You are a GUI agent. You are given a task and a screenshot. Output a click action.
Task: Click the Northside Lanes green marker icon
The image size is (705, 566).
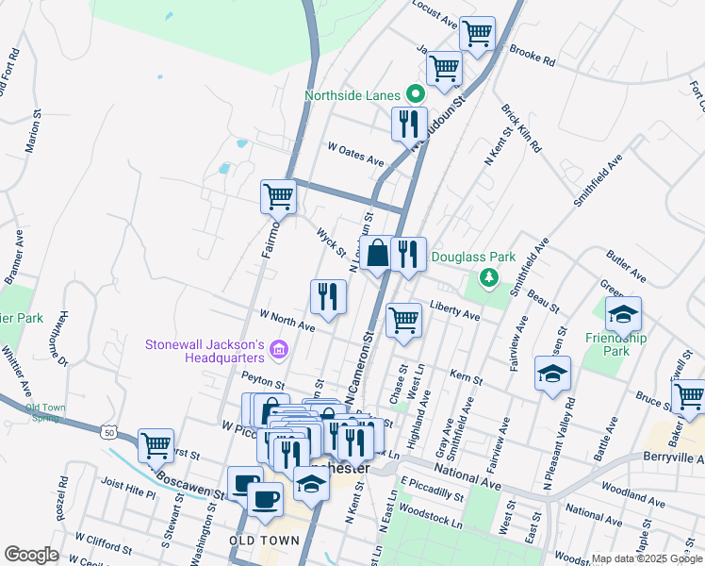(414, 94)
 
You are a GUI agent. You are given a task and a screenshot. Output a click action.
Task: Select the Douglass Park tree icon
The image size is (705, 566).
(487, 276)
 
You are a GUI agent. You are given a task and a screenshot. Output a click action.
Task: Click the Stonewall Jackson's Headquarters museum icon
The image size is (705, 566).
(278, 352)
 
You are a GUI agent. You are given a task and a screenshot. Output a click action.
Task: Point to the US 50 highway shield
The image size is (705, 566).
(110, 431)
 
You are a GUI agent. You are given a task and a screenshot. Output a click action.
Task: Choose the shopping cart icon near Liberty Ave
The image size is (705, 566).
(403, 319)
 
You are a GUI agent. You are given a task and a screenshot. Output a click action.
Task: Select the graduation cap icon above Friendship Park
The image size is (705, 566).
(623, 313)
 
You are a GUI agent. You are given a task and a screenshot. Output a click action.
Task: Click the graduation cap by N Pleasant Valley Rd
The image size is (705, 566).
(552, 373)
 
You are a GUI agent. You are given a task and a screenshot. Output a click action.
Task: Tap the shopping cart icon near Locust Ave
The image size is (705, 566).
(478, 33)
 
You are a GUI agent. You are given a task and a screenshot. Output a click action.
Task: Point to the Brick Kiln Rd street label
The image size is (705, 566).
(520, 129)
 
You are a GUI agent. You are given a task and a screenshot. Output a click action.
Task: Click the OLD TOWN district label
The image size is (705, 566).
(264, 541)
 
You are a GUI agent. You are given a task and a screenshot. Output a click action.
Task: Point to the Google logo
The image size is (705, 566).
(31, 555)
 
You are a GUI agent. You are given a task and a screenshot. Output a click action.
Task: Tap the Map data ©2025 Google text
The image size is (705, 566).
(647, 558)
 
